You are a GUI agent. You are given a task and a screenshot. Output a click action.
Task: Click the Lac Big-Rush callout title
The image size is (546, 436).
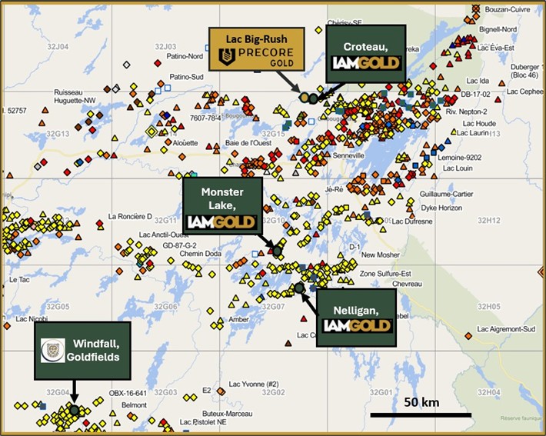tap(256, 38)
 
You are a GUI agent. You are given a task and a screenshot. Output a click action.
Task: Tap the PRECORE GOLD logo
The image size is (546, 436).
tap(256, 55)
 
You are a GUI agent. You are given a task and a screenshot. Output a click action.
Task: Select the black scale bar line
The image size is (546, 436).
tap(421, 415)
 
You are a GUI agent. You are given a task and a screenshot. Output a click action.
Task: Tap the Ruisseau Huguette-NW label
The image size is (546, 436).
tap(75, 97)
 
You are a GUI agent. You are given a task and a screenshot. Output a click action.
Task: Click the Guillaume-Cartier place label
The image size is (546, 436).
tap(454, 195)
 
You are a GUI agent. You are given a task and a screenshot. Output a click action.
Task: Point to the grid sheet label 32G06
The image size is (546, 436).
tap(166, 306)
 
